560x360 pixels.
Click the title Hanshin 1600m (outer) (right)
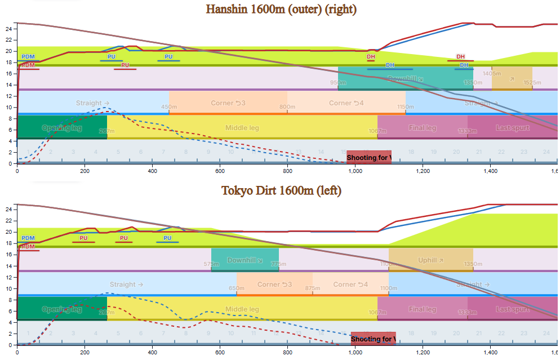[x=281, y=9]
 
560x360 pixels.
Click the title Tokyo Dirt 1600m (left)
[x=281, y=190]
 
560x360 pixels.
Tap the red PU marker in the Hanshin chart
[x=125, y=65]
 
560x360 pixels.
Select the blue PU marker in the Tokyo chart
[x=167, y=238]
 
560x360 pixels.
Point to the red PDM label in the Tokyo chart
[x=28, y=247]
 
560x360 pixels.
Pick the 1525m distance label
[x=532, y=83]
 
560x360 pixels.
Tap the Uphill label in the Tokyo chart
[x=430, y=260]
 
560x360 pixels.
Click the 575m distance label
[x=211, y=264]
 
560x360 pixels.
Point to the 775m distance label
[x=278, y=264]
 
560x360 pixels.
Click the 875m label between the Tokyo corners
[x=313, y=288]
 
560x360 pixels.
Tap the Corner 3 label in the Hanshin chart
[x=228, y=103]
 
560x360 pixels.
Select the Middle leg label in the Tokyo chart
[x=242, y=309]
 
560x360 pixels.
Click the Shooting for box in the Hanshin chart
[x=368, y=157]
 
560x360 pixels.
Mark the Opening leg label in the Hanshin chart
[x=62, y=128]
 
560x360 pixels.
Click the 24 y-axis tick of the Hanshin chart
[x=8, y=28]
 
